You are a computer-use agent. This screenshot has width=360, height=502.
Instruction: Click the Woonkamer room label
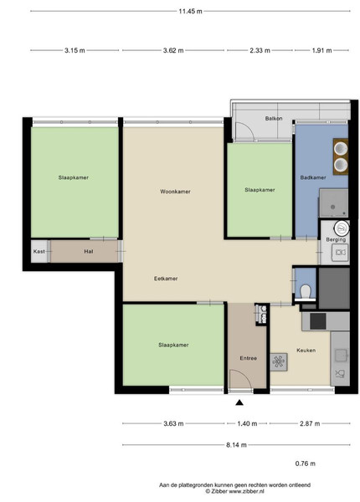click(x=175, y=192)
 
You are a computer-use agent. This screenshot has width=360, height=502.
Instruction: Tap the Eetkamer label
click(x=166, y=279)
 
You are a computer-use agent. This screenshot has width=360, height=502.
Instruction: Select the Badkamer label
click(x=313, y=177)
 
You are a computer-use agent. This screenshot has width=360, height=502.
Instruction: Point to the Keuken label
click(x=306, y=351)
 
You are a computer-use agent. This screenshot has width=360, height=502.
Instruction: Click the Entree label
click(x=248, y=358)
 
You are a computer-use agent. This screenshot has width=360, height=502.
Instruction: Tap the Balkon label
click(x=274, y=119)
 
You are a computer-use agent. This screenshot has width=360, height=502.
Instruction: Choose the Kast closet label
click(x=39, y=251)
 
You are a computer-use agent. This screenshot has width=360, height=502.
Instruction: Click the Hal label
click(x=89, y=251)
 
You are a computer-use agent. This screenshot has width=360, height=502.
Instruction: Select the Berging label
click(x=336, y=239)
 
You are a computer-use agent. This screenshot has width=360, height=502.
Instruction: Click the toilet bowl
click(x=306, y=291)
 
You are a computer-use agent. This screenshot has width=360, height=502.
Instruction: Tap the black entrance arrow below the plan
click(x=239, y=402)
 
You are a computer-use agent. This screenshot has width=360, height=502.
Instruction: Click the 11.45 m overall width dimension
click(x=190, y=12)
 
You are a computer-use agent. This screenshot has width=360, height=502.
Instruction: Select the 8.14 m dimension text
click(x=236, y=445)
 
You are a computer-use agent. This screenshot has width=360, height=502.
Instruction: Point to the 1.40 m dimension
click(x=247, y=423)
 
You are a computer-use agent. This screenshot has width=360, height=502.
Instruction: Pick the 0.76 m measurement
click(x=306, y=464)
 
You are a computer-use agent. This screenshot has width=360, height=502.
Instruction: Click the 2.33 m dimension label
click(x=260, y=50)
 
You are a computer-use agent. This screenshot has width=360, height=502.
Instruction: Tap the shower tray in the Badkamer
click(x=333, y=203)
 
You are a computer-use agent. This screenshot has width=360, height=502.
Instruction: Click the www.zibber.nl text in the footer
click(x=247, y=491)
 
